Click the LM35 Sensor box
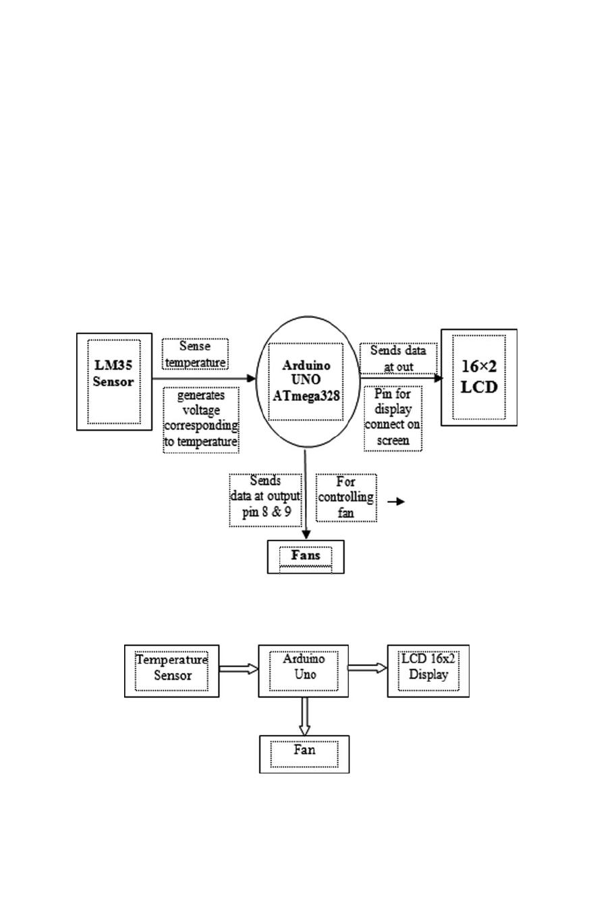(114, 381)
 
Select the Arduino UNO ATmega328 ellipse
(306, 382)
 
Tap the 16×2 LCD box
(479, 377)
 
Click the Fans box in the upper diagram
(306, 557)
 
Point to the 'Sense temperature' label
(195, 354)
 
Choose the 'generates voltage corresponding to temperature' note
(201, 419)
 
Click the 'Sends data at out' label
(398, 358)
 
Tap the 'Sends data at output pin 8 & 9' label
(264, 499)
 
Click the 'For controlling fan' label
(346, 497)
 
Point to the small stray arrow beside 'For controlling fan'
(397, 501)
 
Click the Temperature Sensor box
(172, 671)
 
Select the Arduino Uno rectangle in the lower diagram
(304, 671)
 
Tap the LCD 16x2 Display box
(428, 671)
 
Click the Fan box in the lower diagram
(304, 754)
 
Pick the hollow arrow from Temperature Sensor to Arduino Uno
(239, 669)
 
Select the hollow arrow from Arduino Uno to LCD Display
(368, 668)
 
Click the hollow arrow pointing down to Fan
(304, 716)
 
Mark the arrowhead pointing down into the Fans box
(306, 534)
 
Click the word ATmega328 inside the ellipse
(306, 396)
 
